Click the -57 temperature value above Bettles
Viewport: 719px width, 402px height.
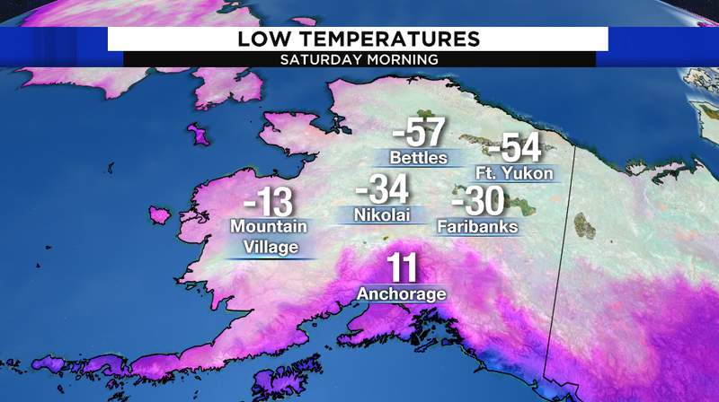[x=419, y=134]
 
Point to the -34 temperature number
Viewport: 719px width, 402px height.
[x=382, y=190]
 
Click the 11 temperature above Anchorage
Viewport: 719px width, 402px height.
[x=403, y=268]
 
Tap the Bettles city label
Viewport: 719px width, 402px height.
[x=418, y=158]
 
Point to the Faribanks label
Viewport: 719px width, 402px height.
[x=477, y=227]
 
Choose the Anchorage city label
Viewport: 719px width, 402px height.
[x=402, y=293]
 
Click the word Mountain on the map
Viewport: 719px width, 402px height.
[x=268, y=227]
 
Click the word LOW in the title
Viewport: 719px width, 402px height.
[x=262, y=39]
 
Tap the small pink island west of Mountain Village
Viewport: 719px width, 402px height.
[x=160, y=215]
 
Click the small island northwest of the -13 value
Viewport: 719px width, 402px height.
[x=197, y=135]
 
